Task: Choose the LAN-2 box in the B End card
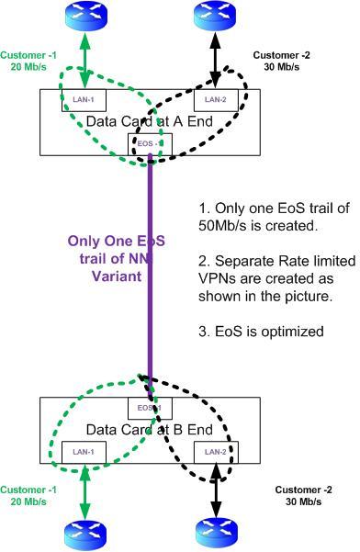pos(215,451)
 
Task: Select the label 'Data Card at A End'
pos(149,121)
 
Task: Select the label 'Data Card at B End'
pos(149,429)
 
